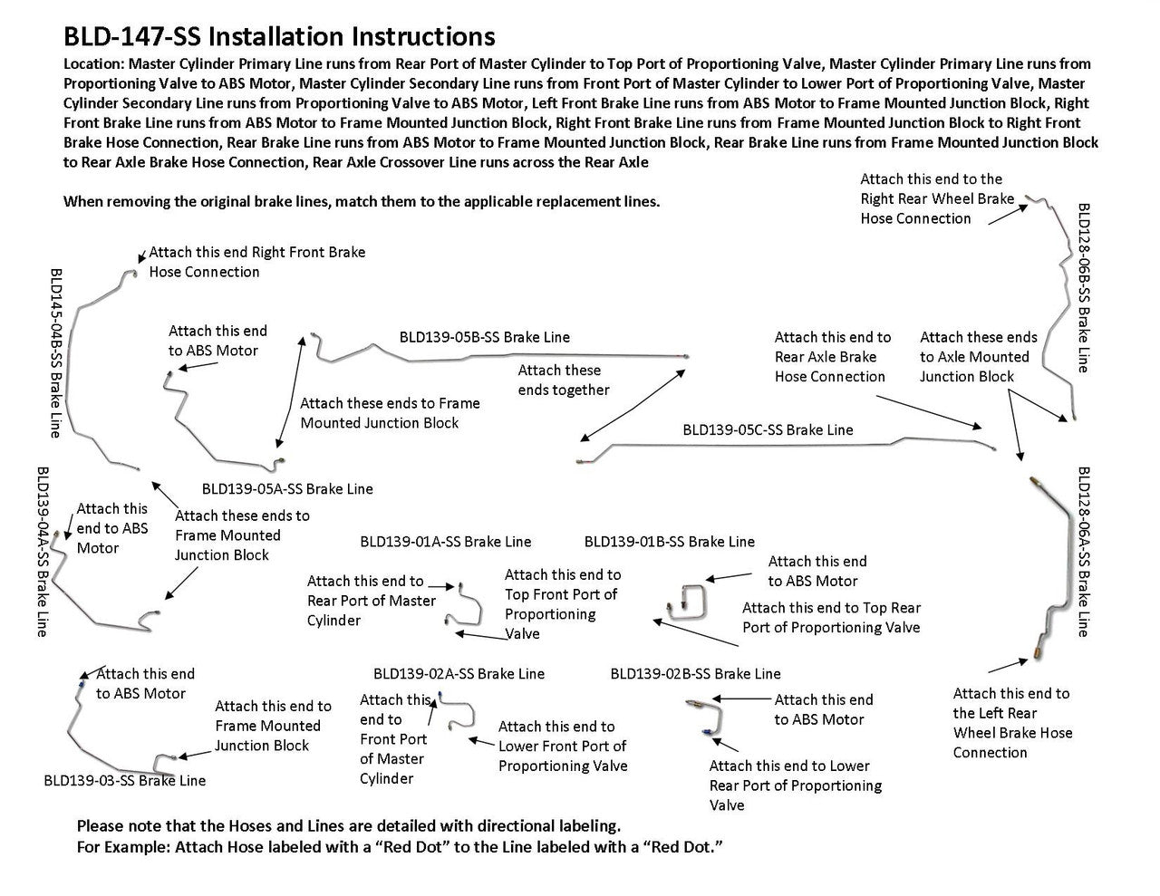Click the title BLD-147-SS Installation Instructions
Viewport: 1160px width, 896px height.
pos(279,36)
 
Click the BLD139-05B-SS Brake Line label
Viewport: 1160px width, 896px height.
pos(484,337)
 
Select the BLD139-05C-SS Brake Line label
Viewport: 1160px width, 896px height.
pos(768,429)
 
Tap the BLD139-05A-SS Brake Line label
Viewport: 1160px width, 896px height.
pos(287,488)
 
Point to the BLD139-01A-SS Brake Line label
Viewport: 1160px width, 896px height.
pos(445,542)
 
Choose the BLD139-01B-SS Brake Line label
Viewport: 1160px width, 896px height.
pos(669,542)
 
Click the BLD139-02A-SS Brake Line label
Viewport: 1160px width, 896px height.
pos(459,673)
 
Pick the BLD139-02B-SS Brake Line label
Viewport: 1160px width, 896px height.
pos(695,673)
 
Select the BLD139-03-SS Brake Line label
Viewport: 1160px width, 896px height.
pos(124,780)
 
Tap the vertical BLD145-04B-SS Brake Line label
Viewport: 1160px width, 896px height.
pos(56,352)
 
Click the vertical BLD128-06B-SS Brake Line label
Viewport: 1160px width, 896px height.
pos(1084,287)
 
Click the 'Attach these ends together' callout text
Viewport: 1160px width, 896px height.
pos(563,380)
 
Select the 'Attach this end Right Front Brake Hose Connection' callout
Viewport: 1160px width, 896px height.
pos(256,262)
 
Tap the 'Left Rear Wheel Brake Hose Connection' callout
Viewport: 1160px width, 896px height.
pos(1012,723)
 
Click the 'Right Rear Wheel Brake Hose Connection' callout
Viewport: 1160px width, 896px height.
pos(937,198)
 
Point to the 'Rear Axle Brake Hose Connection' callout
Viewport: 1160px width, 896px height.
pos(832,357)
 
